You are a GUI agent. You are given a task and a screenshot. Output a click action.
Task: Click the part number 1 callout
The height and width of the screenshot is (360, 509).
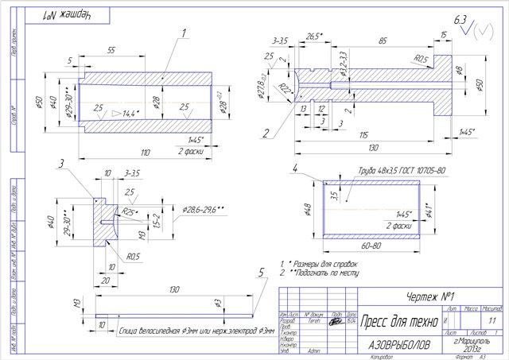(182, 33)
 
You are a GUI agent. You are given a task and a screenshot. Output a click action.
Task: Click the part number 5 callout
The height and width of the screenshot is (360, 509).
(262, 272)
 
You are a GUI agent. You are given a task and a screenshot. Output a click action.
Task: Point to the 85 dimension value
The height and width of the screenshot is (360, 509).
(383, 39)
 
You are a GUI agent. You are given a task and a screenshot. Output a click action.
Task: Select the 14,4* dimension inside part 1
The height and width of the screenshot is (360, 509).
(129, 113)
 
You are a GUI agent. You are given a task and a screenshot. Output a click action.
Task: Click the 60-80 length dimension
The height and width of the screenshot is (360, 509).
(371, 247)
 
